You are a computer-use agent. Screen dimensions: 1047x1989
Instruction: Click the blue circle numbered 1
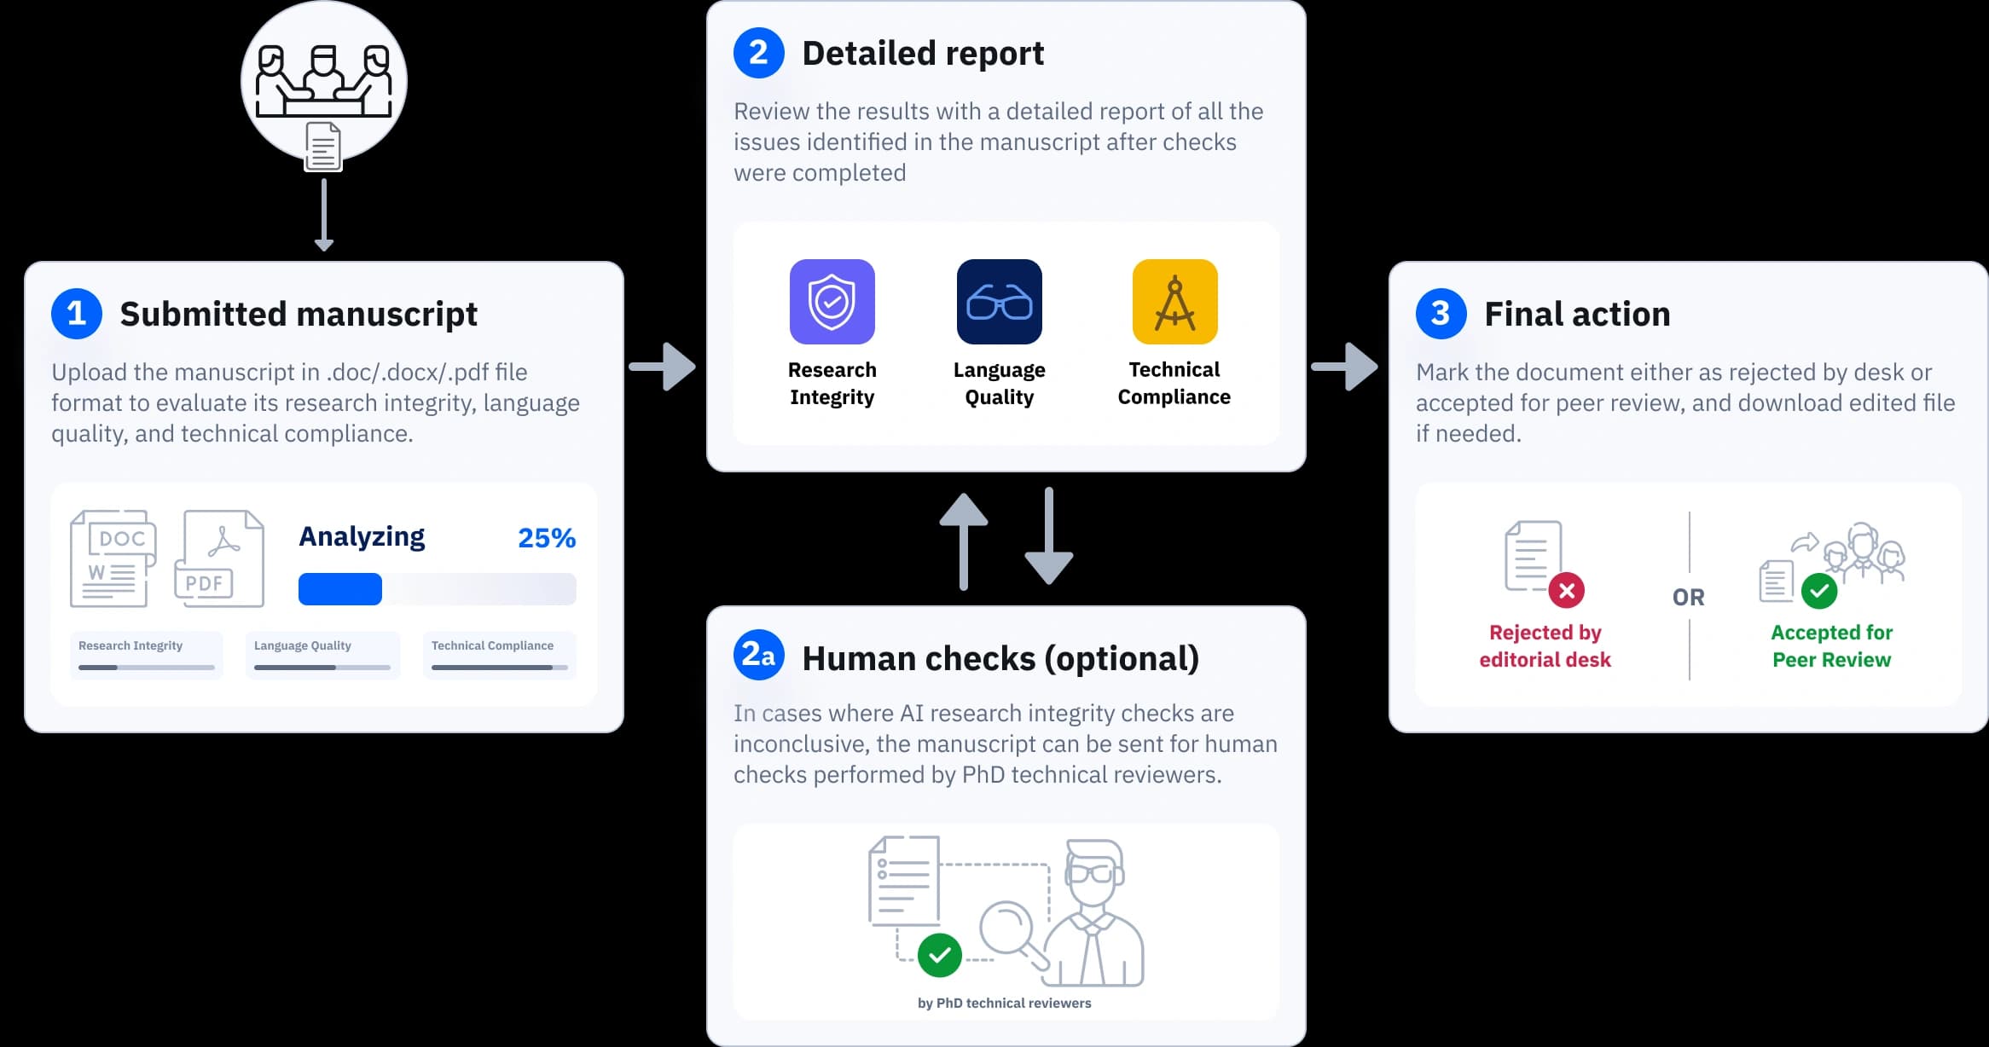tap(77, 314)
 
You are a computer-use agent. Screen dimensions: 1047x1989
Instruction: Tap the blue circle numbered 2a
tap(758, 655)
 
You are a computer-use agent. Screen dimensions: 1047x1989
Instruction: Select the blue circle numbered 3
tap(1441, 314)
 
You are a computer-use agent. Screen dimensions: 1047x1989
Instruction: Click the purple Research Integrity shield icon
tap(832, 302)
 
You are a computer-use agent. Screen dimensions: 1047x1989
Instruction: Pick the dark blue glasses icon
tap(999, 302)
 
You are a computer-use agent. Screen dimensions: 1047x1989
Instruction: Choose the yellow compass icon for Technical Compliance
tap(1174, 302)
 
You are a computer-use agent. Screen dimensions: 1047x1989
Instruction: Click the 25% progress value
tap(547, 538)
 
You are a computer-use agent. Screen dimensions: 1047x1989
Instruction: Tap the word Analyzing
tap(362, 536)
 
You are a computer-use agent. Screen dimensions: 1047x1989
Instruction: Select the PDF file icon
tap(219, 558)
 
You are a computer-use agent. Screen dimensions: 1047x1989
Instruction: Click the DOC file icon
tap(113, 558)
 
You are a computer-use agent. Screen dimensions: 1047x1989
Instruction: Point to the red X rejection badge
tap(1566, 590)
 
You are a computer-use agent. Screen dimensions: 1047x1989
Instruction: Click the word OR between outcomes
tap(1688, 597)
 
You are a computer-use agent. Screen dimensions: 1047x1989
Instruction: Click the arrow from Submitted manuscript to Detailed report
tap(664, 367)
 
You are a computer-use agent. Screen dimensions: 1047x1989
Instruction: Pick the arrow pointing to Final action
tap(1345, 367)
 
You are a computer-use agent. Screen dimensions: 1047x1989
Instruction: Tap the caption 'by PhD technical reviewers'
tap(1004, 1004)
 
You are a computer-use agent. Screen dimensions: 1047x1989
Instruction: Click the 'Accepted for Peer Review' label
tap(1831, 645)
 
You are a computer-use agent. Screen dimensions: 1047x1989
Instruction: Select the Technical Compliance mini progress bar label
tap(492, 645)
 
